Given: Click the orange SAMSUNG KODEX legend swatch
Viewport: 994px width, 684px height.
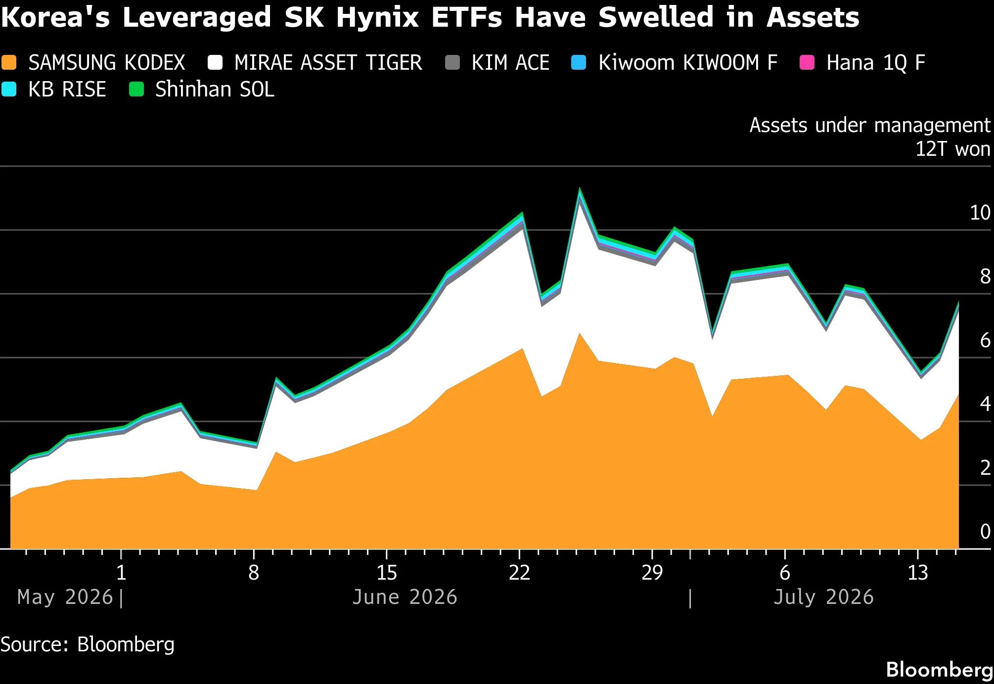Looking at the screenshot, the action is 9,63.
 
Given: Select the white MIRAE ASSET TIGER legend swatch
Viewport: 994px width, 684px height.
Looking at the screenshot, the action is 215,63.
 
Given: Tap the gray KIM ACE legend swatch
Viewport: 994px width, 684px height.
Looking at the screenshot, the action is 452,63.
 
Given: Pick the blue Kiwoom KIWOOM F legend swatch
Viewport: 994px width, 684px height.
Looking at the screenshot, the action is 579,63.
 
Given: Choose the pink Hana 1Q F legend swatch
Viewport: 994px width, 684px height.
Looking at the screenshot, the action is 807,63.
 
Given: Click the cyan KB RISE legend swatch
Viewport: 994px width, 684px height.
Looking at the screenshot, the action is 9,90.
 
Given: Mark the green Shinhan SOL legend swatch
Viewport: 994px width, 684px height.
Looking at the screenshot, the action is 136,90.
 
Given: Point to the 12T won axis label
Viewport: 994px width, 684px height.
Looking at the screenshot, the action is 953,149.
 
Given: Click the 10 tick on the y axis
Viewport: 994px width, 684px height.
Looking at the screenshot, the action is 980,213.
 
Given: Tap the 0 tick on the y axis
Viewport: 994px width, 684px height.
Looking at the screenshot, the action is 985,532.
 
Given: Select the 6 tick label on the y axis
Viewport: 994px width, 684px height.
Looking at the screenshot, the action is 985,340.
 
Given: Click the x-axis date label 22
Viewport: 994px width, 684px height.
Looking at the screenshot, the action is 519,573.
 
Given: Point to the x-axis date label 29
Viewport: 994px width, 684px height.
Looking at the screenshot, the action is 652,573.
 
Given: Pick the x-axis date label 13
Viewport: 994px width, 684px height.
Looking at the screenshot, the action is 918,573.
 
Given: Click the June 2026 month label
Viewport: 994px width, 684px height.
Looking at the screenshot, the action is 405,597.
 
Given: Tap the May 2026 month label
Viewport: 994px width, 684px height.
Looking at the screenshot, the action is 65,597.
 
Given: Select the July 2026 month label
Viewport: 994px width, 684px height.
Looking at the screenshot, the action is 823,597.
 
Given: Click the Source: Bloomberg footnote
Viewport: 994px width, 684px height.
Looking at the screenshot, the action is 88,644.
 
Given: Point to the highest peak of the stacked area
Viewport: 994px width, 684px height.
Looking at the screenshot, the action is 580,188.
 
